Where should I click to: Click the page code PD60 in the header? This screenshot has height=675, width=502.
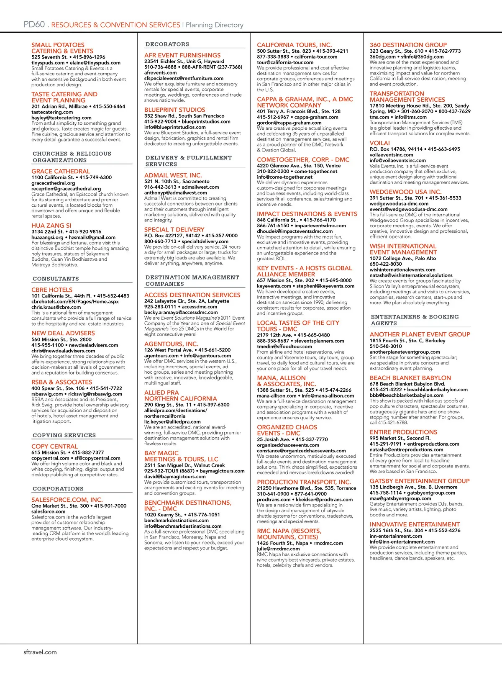(x=34, y=25)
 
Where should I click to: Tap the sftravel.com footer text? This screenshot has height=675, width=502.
(x=40, y=652)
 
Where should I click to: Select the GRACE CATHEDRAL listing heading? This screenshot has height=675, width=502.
(x=61, y=171)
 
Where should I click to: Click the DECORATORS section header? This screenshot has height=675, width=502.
(x=167, y=44)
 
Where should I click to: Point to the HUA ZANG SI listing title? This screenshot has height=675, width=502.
(x=51, y=225)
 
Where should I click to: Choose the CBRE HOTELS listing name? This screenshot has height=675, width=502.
(x=52, y=290)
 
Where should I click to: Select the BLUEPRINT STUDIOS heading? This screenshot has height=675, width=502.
(x=175, y=110)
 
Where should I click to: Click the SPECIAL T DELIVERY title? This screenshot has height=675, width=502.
(x=174, y=229)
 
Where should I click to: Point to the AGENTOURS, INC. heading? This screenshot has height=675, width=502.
(x=171, y=344)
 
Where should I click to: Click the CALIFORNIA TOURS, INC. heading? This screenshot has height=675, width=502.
(x=294, y=45)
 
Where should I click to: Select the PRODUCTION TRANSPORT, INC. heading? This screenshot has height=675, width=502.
(x=304, y=482)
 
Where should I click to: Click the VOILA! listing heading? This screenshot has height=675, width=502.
(x=379, y=143)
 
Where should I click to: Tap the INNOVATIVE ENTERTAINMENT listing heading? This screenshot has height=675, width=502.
(x=414, y=524)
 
